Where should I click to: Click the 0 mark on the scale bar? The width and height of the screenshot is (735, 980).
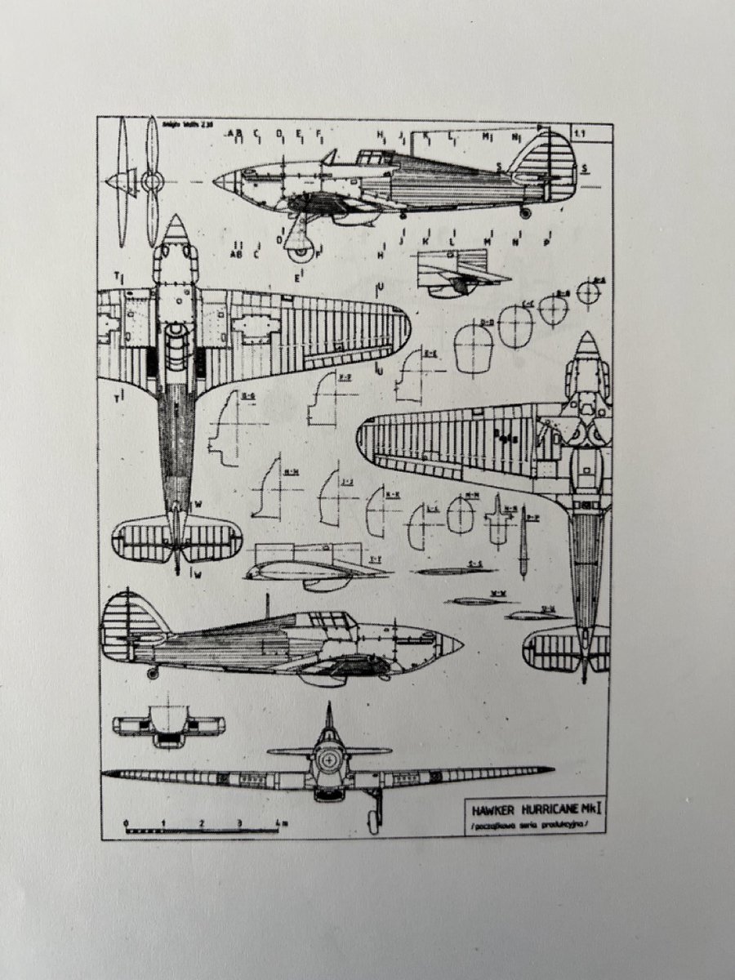pyautogui.click(x=126, y=823)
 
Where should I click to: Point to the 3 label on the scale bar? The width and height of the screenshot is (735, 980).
pyautogui.click(x=239, y=822)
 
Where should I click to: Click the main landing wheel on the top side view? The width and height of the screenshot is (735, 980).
pyautogui.click(x=301, y=244)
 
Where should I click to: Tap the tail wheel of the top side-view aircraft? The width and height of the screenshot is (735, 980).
pyautogui.click(x=524, y=212)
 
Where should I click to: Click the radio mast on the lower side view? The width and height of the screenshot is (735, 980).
pyautogui.click(x=267, y=605)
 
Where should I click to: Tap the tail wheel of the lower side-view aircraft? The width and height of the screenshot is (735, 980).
pyautogui.click(x=153, y=673)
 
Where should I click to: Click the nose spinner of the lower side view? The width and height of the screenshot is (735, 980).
pyautogui.click(x=452, y=645)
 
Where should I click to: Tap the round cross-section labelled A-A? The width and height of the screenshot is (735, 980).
pyautogui.click(x=588, y=292)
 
